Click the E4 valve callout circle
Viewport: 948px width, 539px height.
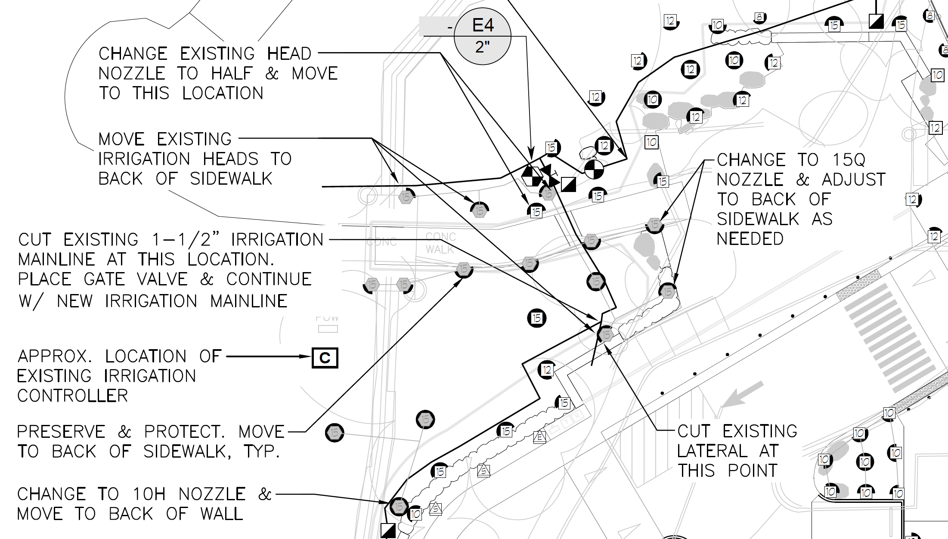click(x=483, y=36)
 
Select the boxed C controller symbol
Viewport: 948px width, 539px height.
click(x=325, y=358)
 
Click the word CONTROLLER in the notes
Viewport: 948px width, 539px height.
click(x=72, y=396)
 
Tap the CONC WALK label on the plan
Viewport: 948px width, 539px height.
click(x=440, y=243)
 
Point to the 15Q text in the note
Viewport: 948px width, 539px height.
click(x=848, y=160)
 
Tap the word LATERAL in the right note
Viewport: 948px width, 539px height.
click(x=713, y=451)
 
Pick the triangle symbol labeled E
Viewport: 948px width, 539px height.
click(x=539, y=437)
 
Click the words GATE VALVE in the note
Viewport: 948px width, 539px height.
click(x=136, y=279)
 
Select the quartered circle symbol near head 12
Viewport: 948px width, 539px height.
click(x=594, y=169)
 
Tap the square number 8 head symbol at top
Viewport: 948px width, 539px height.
click(x=759, y=17)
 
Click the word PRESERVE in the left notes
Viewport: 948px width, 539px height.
click(x=61, y=431)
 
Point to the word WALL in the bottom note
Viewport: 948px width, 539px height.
click(x=221, y=514)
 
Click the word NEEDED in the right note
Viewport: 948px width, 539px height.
click(x=750, y=239)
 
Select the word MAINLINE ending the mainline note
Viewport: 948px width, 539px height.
click(x=248, y=301)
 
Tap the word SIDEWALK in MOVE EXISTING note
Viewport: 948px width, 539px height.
click(x=231, y=179)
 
